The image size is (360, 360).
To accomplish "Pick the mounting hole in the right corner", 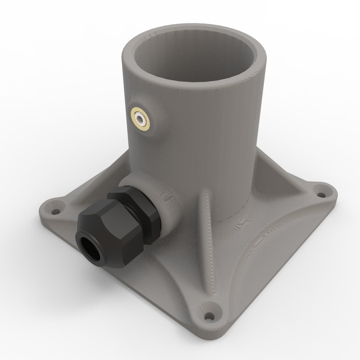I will pyautogui.click(x=321, y=195).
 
